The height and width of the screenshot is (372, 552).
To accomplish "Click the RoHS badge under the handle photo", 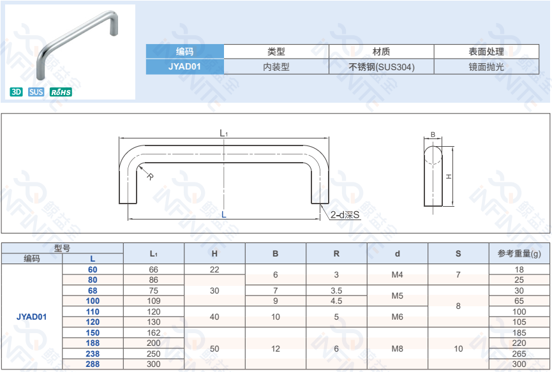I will pyautogui.click(x=61, y=92).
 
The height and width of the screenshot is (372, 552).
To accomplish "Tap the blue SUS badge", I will pyautogui.click(x=36, y=92).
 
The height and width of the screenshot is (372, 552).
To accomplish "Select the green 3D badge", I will pyautogui.click(x=17, y=92).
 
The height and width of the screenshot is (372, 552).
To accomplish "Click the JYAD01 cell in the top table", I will pyautogui.click(x=184, y=66).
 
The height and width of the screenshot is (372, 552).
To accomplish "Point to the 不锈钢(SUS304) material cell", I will pyautogui.click(x=382, y=66).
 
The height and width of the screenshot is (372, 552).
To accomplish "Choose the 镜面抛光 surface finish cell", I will pyautogui.click(x=486, y=66).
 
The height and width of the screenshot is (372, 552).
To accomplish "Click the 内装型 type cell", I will pyautogui.click(x=276, y=66).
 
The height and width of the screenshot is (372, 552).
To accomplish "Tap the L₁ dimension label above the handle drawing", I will pyautogui.click(x=224, y=133).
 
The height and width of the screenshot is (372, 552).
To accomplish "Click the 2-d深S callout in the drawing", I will pyautogui.click(x=345, y=215).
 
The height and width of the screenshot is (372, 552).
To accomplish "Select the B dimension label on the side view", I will pyautogui.click(x=433, y=135).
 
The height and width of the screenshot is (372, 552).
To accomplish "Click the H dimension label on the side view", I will pyautogui.click(x=449, y=177).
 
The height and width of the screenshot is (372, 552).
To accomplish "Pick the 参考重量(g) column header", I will pyautogui.click(x=519, y=253).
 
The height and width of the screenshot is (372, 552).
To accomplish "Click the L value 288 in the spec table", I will pyautogui.click(x=93, y=364).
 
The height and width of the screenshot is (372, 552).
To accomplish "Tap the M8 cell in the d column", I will pyautogui.click(x=397, y=348).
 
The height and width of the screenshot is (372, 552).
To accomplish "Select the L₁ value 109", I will pyautogui.click(x=153, y=301).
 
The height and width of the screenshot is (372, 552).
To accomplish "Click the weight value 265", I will pyautogui.click(x=519, y=353).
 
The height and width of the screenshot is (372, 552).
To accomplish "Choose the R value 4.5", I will pyautogui.click(x=336, y=301).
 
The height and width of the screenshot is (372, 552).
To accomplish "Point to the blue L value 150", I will pyautogui.click(x=93, y=333).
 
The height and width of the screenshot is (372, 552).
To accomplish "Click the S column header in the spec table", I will pyautogui.click(x=458, y=253).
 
